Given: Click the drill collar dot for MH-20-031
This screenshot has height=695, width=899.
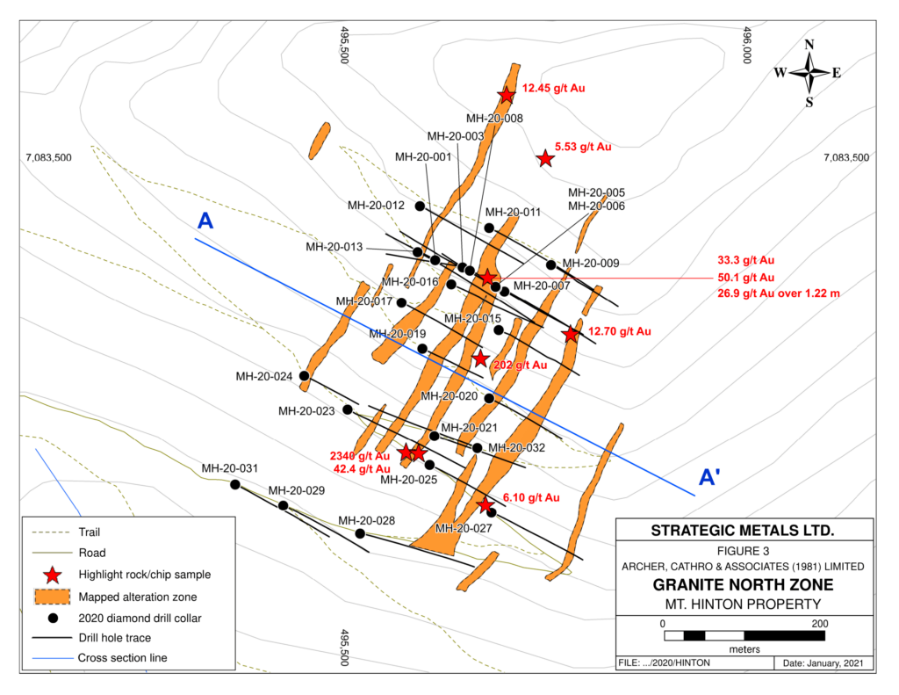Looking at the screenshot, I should [x=235, y=484].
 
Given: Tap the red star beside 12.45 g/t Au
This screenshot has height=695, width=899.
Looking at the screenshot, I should [x=507, y=95].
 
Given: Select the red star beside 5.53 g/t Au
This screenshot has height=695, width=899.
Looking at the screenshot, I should [x=545, y=158].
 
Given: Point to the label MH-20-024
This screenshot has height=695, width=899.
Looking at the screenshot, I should [x=264, y=376].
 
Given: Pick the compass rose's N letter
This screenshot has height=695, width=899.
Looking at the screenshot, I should [x=809, y=46].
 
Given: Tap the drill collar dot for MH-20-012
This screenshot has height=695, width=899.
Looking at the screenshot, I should [x=420, y=206].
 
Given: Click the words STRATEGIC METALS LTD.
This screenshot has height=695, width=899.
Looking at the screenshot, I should [x=742, y=531].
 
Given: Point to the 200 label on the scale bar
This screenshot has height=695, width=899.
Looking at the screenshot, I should [x=819, y=623].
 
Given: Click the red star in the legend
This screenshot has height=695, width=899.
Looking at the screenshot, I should [x=53, y=574].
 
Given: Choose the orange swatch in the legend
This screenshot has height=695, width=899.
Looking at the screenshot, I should [x=53, y=596].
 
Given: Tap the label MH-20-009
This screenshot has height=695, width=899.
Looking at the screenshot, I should [x=591, y=262].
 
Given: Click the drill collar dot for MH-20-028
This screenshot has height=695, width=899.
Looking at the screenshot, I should [x=361, y=533].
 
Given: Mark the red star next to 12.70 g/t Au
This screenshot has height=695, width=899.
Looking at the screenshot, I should [x=572, y=334].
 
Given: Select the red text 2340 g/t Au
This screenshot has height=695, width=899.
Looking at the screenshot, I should [x=359, y=456].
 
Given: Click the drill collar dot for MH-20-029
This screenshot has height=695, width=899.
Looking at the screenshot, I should [x=284, y=505].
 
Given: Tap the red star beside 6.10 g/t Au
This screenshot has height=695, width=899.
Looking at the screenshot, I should [x=485, y=504].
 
